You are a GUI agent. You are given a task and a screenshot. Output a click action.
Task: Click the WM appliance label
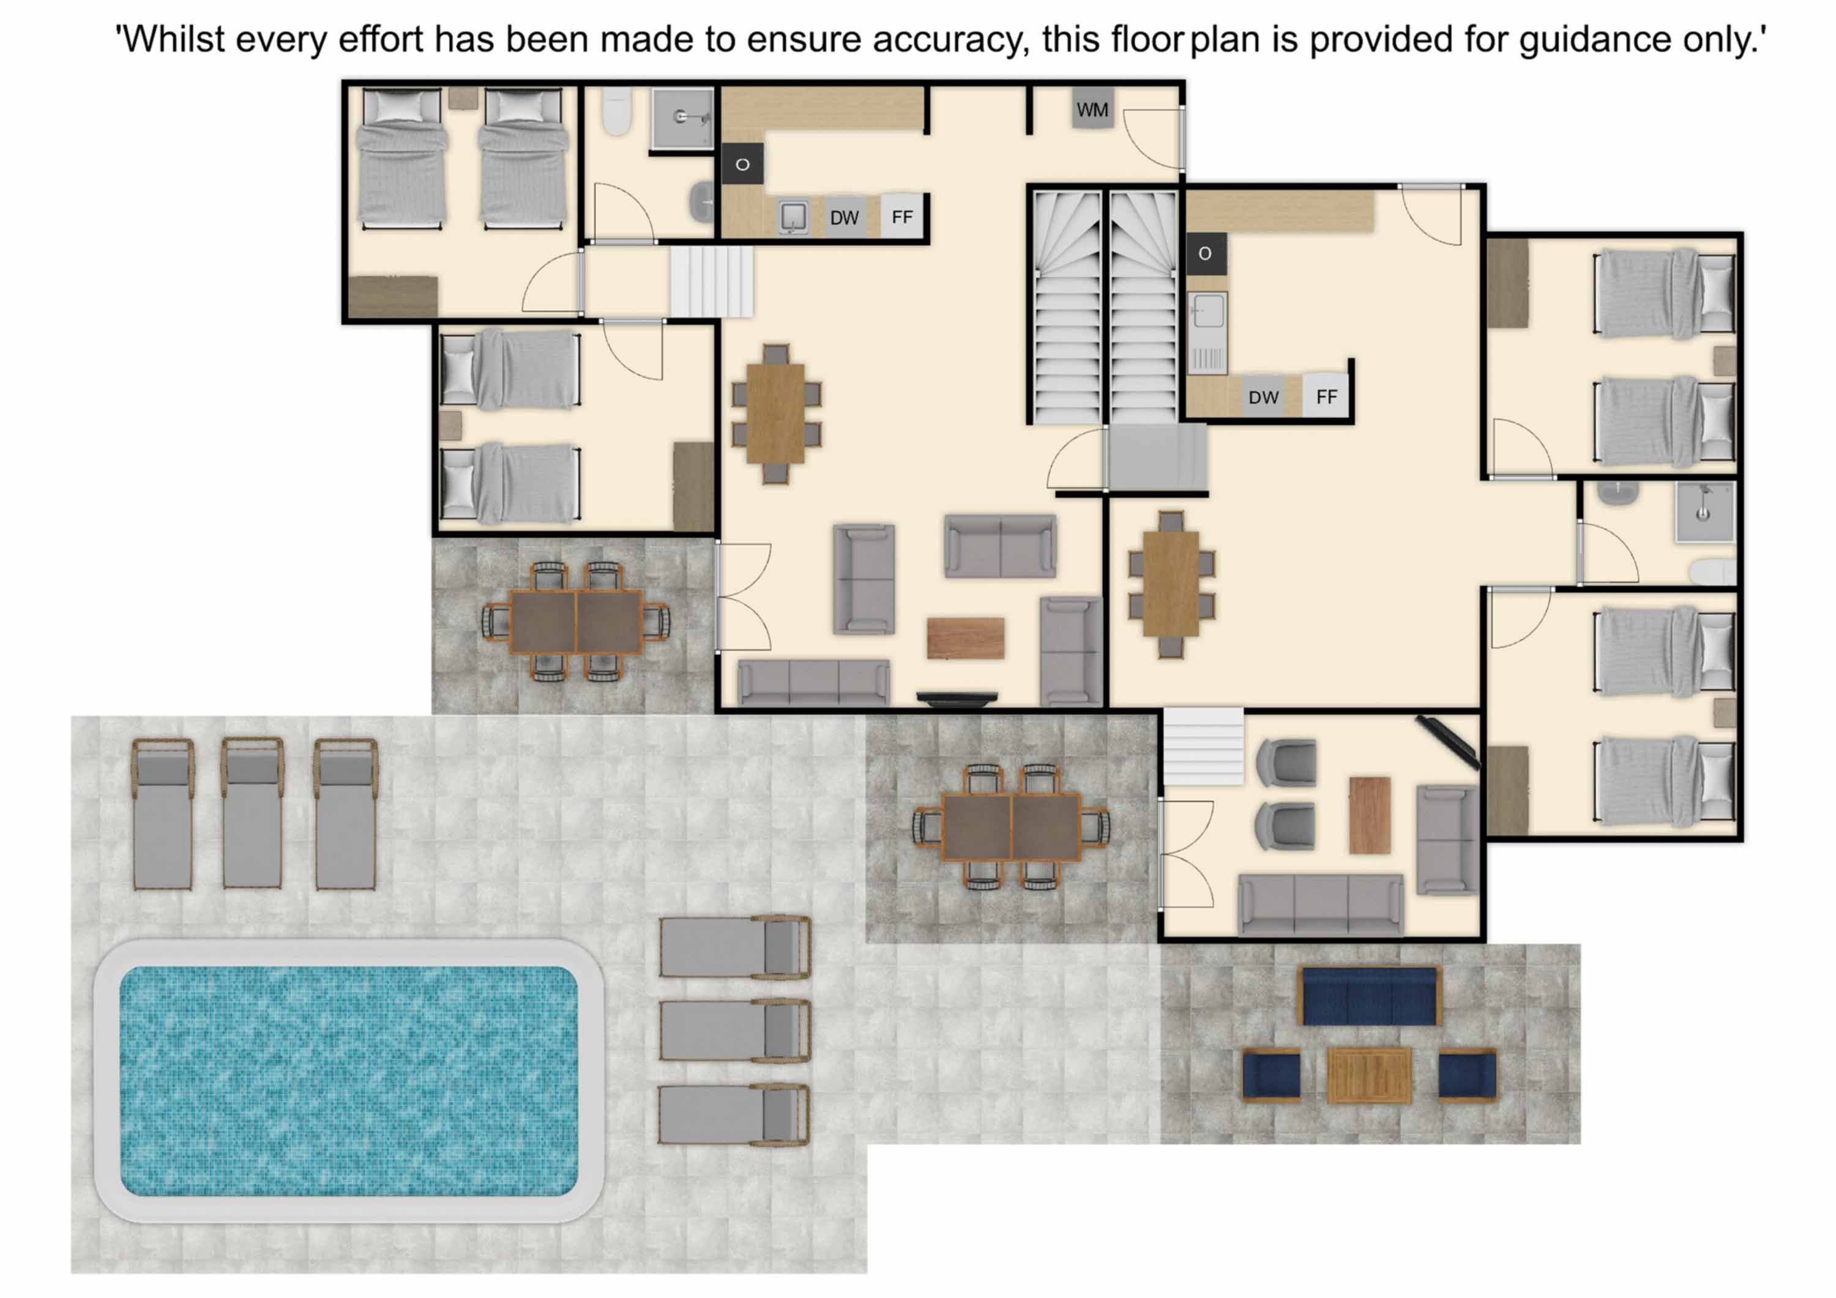[1092, 109]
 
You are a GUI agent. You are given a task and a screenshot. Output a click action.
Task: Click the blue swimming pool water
[349, 1081]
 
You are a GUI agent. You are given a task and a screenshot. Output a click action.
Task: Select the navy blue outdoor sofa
[1371, 996]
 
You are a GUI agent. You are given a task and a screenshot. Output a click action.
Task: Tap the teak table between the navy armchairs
[1369, 1076]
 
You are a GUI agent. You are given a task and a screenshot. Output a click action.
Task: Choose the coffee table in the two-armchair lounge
[1369, 815]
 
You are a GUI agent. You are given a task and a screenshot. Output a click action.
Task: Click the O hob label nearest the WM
[742, 165]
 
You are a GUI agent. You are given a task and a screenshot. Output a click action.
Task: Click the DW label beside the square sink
[843, 217]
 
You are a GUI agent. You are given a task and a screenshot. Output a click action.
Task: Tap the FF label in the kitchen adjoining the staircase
[1327, 396]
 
